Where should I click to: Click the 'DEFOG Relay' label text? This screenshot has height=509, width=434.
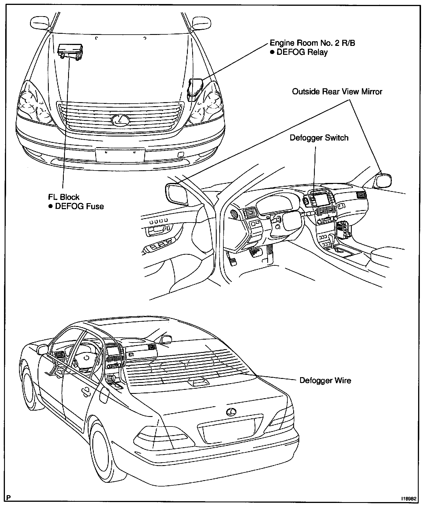coord(302,53)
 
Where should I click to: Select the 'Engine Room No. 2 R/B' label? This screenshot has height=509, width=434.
coord(312,43)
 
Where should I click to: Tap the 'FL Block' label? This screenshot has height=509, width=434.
coord(64,197)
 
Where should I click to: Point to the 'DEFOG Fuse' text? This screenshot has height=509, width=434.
coord(79,206)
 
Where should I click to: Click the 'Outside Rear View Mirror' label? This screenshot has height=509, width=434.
coord(337,92)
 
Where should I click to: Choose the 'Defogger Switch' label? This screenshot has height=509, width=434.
coord(319,138)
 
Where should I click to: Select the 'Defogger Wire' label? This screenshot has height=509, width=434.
coord(325,380)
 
